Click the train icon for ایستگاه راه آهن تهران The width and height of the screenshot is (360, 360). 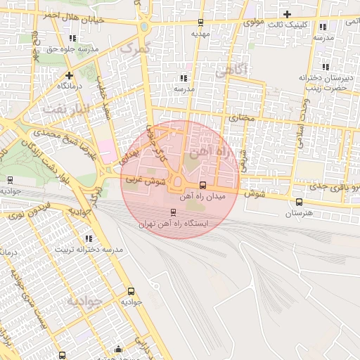(174, 212)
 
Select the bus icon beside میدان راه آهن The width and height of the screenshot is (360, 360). (203, 186)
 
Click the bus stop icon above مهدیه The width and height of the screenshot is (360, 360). (201, 22)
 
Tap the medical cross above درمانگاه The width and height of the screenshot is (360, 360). (69, 75)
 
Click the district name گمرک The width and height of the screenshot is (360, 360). (136, 48)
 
